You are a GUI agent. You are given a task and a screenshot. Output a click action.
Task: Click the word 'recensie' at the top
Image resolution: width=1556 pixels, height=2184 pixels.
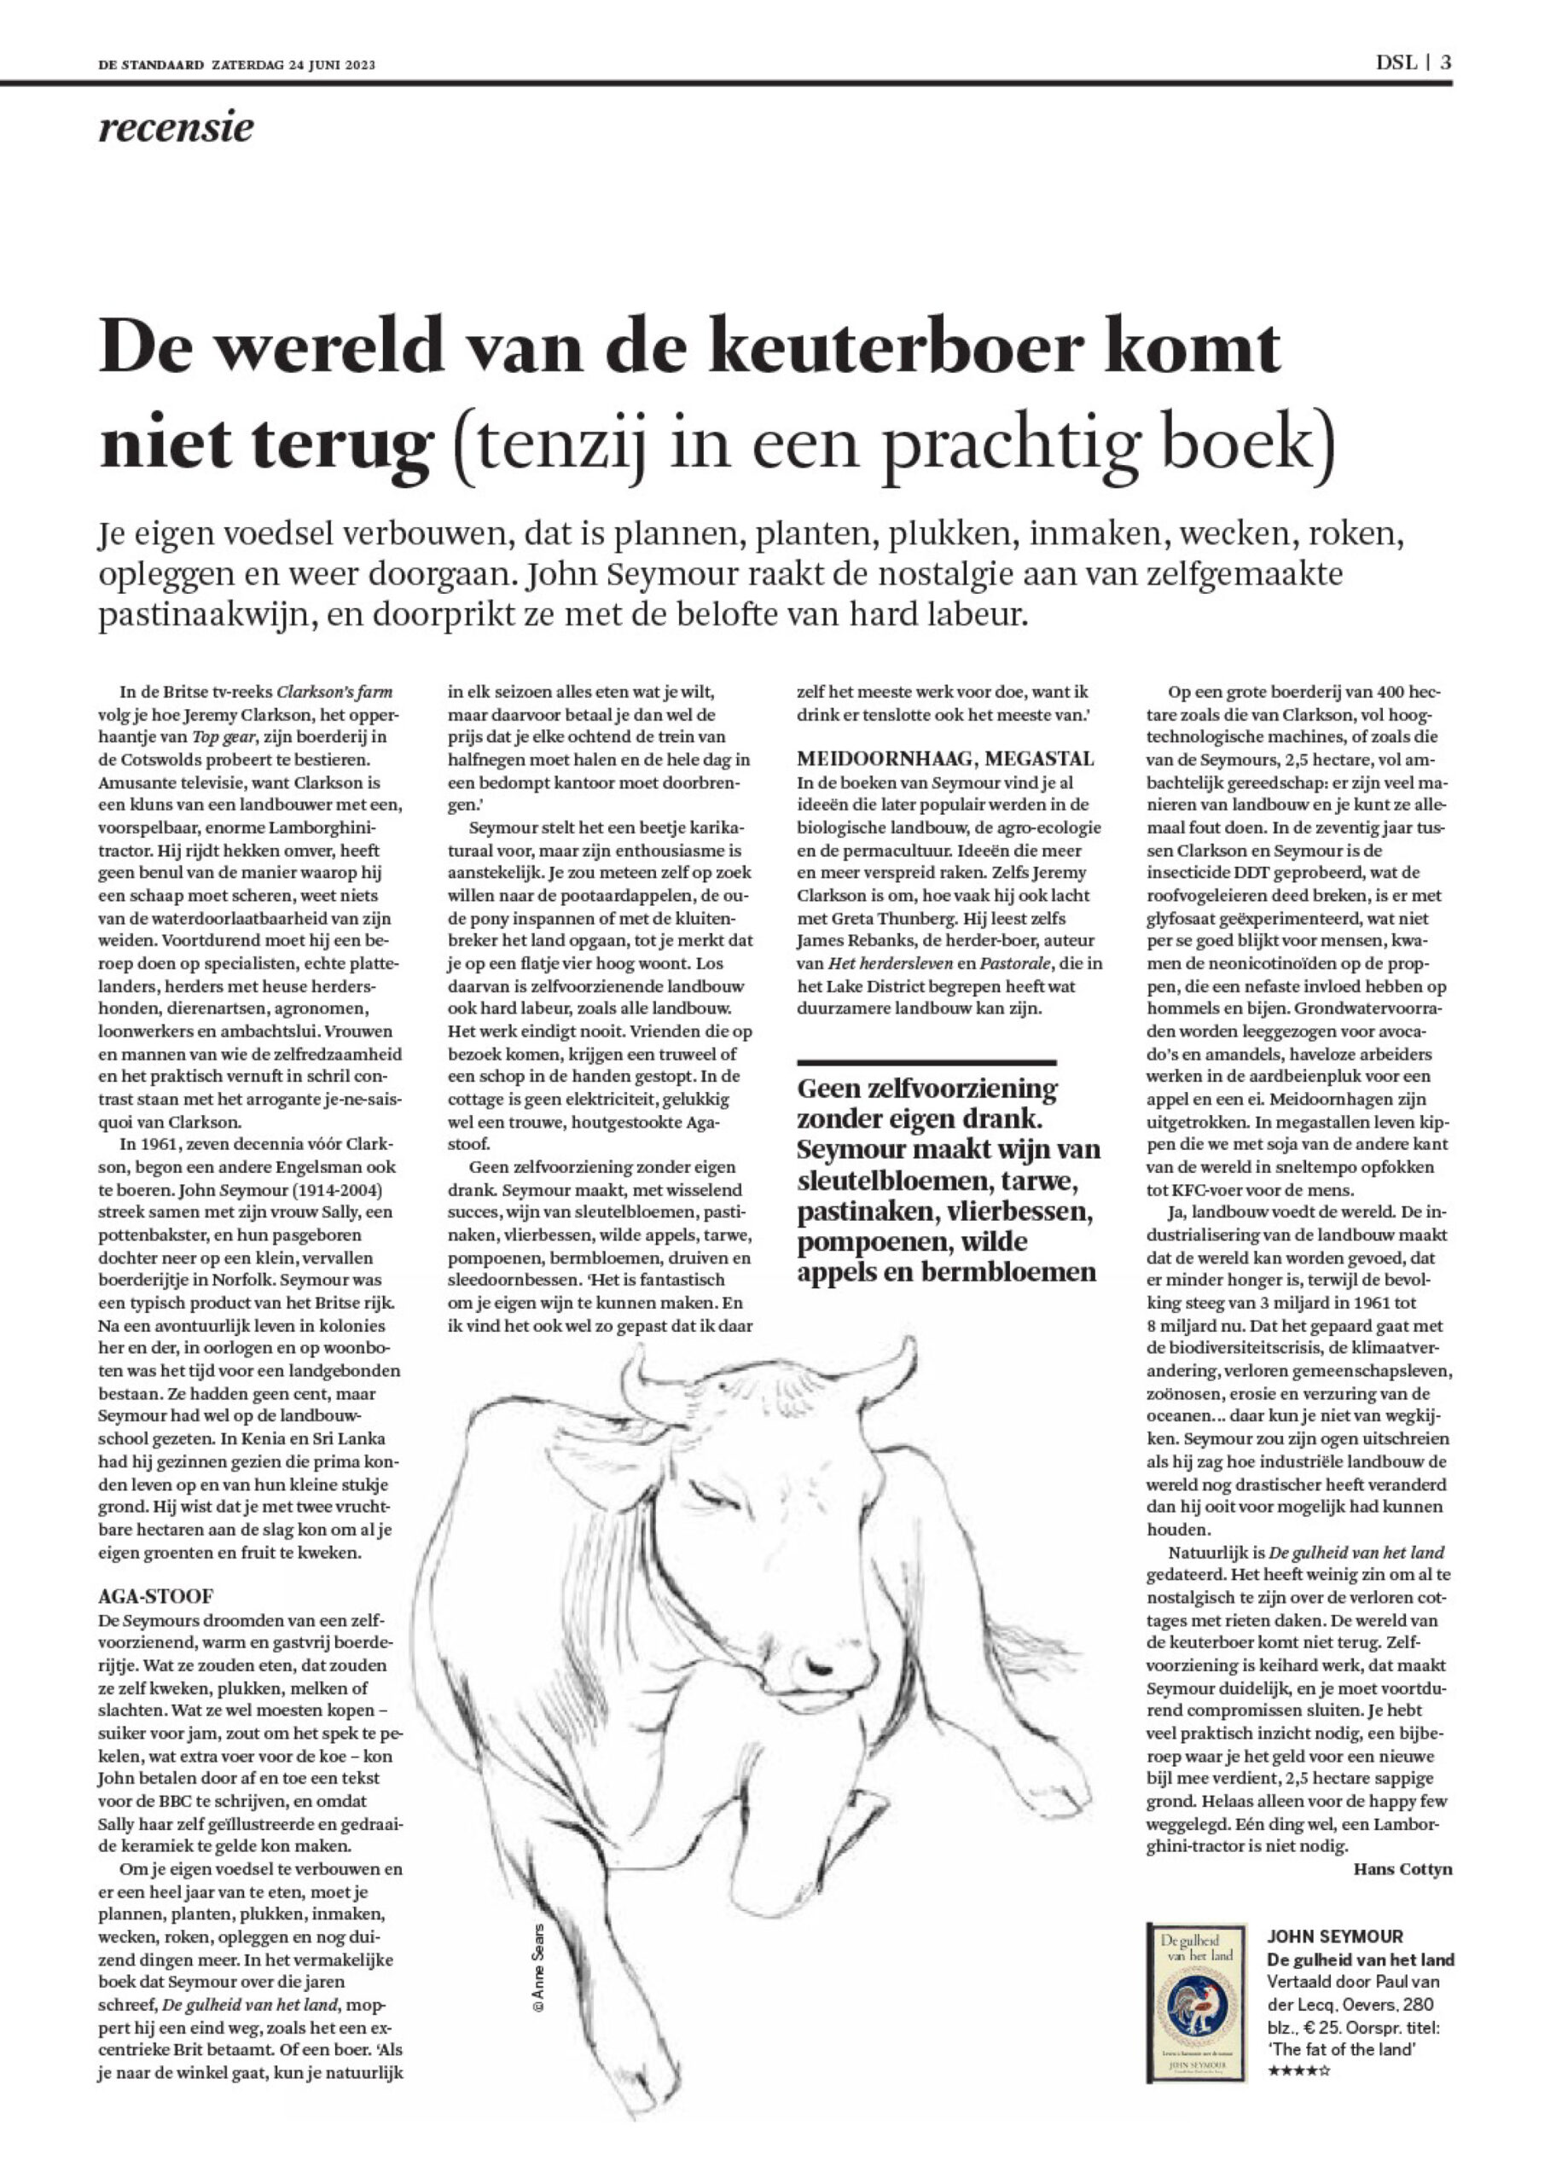(177, 127)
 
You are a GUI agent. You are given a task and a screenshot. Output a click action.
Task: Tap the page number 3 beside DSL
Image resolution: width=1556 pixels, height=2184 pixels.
(1446, 63)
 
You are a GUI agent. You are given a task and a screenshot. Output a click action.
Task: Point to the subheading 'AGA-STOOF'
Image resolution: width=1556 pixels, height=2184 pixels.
(155, 1596)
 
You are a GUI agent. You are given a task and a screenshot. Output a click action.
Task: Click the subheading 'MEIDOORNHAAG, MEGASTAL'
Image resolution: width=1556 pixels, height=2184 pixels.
(944, 758)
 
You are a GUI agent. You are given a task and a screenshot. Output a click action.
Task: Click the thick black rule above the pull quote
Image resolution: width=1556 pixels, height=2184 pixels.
(926, 1062)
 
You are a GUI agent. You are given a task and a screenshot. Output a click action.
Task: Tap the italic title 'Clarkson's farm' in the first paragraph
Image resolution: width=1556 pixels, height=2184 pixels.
(334, 692)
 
